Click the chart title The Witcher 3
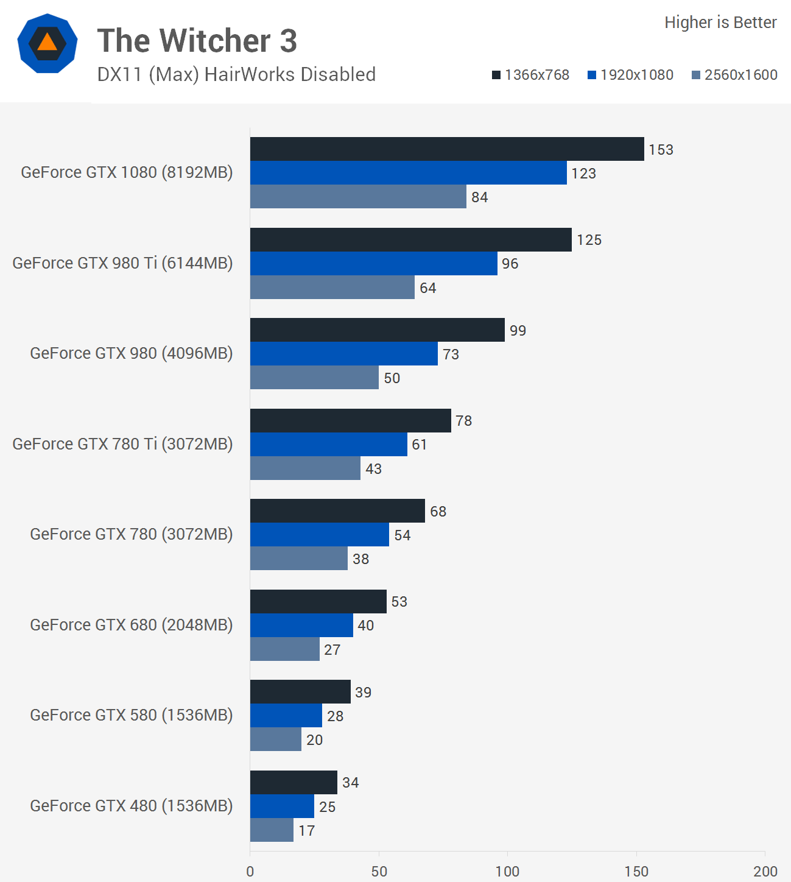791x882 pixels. point(197,41)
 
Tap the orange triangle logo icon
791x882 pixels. point(47,43)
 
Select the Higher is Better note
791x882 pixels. point(720,23)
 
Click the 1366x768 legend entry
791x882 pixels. point(530,75)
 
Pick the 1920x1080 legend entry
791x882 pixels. point(630,75)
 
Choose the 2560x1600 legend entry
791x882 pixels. point(734,75)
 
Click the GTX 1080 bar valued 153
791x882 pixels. point(447,149)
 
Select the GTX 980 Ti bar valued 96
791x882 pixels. point(373,264)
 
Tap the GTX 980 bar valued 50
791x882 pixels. point(314,378)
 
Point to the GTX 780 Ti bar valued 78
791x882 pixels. point(350,421)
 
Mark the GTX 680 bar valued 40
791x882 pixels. point(301,626)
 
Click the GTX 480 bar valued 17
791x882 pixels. point(272,830)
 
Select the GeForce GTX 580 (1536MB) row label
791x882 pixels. point(132,715)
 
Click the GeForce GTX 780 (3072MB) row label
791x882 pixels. point(132,534)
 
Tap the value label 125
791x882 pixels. point(589,240)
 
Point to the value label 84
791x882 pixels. point(480,197)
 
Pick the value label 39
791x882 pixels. point(364,693)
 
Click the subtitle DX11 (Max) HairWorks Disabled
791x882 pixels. point(236,74)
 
